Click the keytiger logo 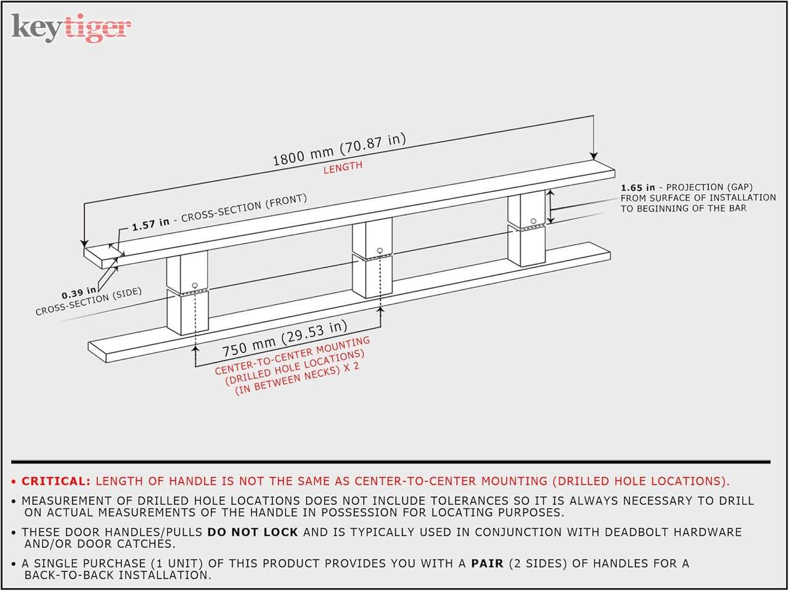pos(71,27)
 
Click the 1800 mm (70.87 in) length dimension pos(339,150)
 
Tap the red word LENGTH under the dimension pos(343,168)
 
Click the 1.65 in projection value pos(637,187)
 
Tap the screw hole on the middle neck pos(380,250)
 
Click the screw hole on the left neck pos(195,285)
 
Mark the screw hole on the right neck pos(533,221)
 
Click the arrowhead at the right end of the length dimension pos(594,156)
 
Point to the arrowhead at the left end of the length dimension pos(84,243)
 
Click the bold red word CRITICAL pos(56,481)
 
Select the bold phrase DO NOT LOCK pos(252,532)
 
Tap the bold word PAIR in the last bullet pos(487,563)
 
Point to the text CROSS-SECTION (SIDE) pos(88,301)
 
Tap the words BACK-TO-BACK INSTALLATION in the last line pos(118,575)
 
